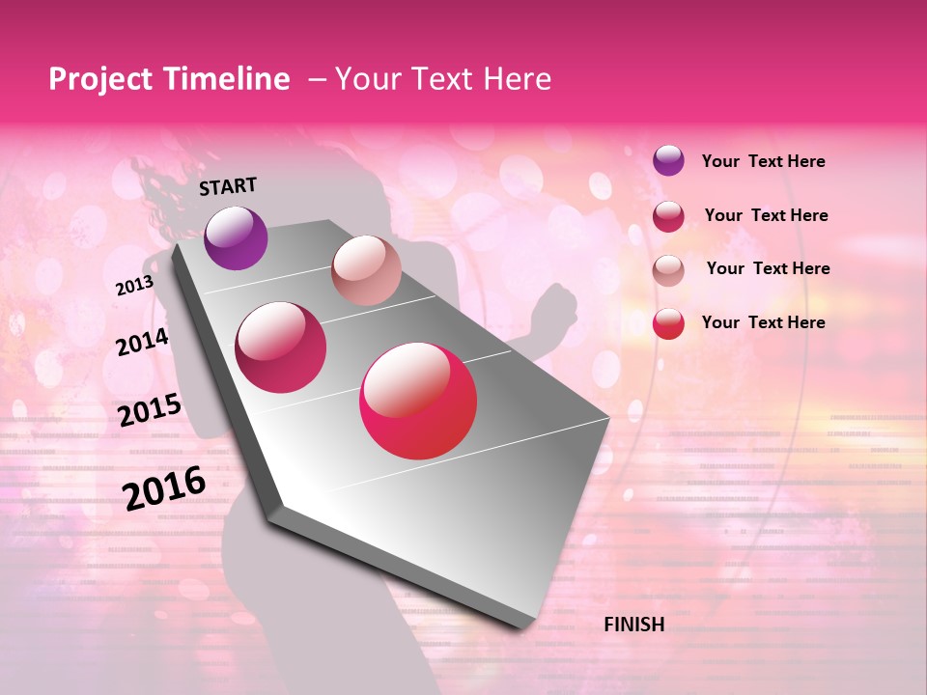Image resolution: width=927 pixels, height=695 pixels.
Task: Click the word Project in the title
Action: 100,79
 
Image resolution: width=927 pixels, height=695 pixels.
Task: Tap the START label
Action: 228,186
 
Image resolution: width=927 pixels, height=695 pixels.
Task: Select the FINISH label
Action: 633,625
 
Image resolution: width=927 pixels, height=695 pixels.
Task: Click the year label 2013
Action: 134,286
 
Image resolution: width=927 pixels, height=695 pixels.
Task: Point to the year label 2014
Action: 142,342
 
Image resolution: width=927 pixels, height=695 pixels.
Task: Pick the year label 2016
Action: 164,488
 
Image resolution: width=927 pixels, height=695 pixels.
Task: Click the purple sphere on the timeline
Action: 236,237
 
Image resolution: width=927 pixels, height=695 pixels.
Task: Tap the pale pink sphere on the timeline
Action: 366,270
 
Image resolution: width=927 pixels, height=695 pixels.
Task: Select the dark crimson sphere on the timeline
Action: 281,347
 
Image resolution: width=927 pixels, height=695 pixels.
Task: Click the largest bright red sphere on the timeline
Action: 418,401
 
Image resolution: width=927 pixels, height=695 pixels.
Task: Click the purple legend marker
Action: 668,160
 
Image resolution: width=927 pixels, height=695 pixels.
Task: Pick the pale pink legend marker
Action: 668,270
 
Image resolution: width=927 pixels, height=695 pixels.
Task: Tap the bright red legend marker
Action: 668,323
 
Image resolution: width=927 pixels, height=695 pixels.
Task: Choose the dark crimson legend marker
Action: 668,216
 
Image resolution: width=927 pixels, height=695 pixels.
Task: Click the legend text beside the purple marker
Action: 763,161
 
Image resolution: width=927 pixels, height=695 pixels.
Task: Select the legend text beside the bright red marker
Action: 763,322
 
